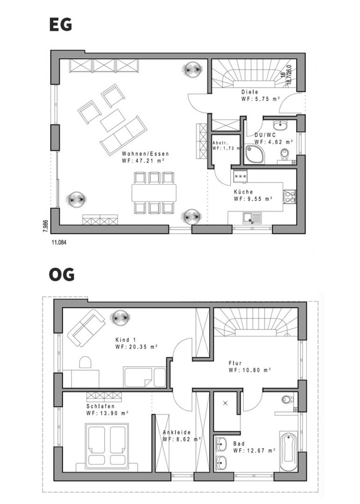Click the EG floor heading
point(61,24)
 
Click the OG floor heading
point(62,274)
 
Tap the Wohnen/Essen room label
point(145,154)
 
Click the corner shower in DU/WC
point(255,154)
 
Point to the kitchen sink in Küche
point(252,218)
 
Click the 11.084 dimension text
point(59,243)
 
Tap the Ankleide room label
point(176,432)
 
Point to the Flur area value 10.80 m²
point(250,370)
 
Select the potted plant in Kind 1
point(120,318)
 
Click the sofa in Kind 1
point(86,328)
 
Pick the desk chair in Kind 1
point(85,362)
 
